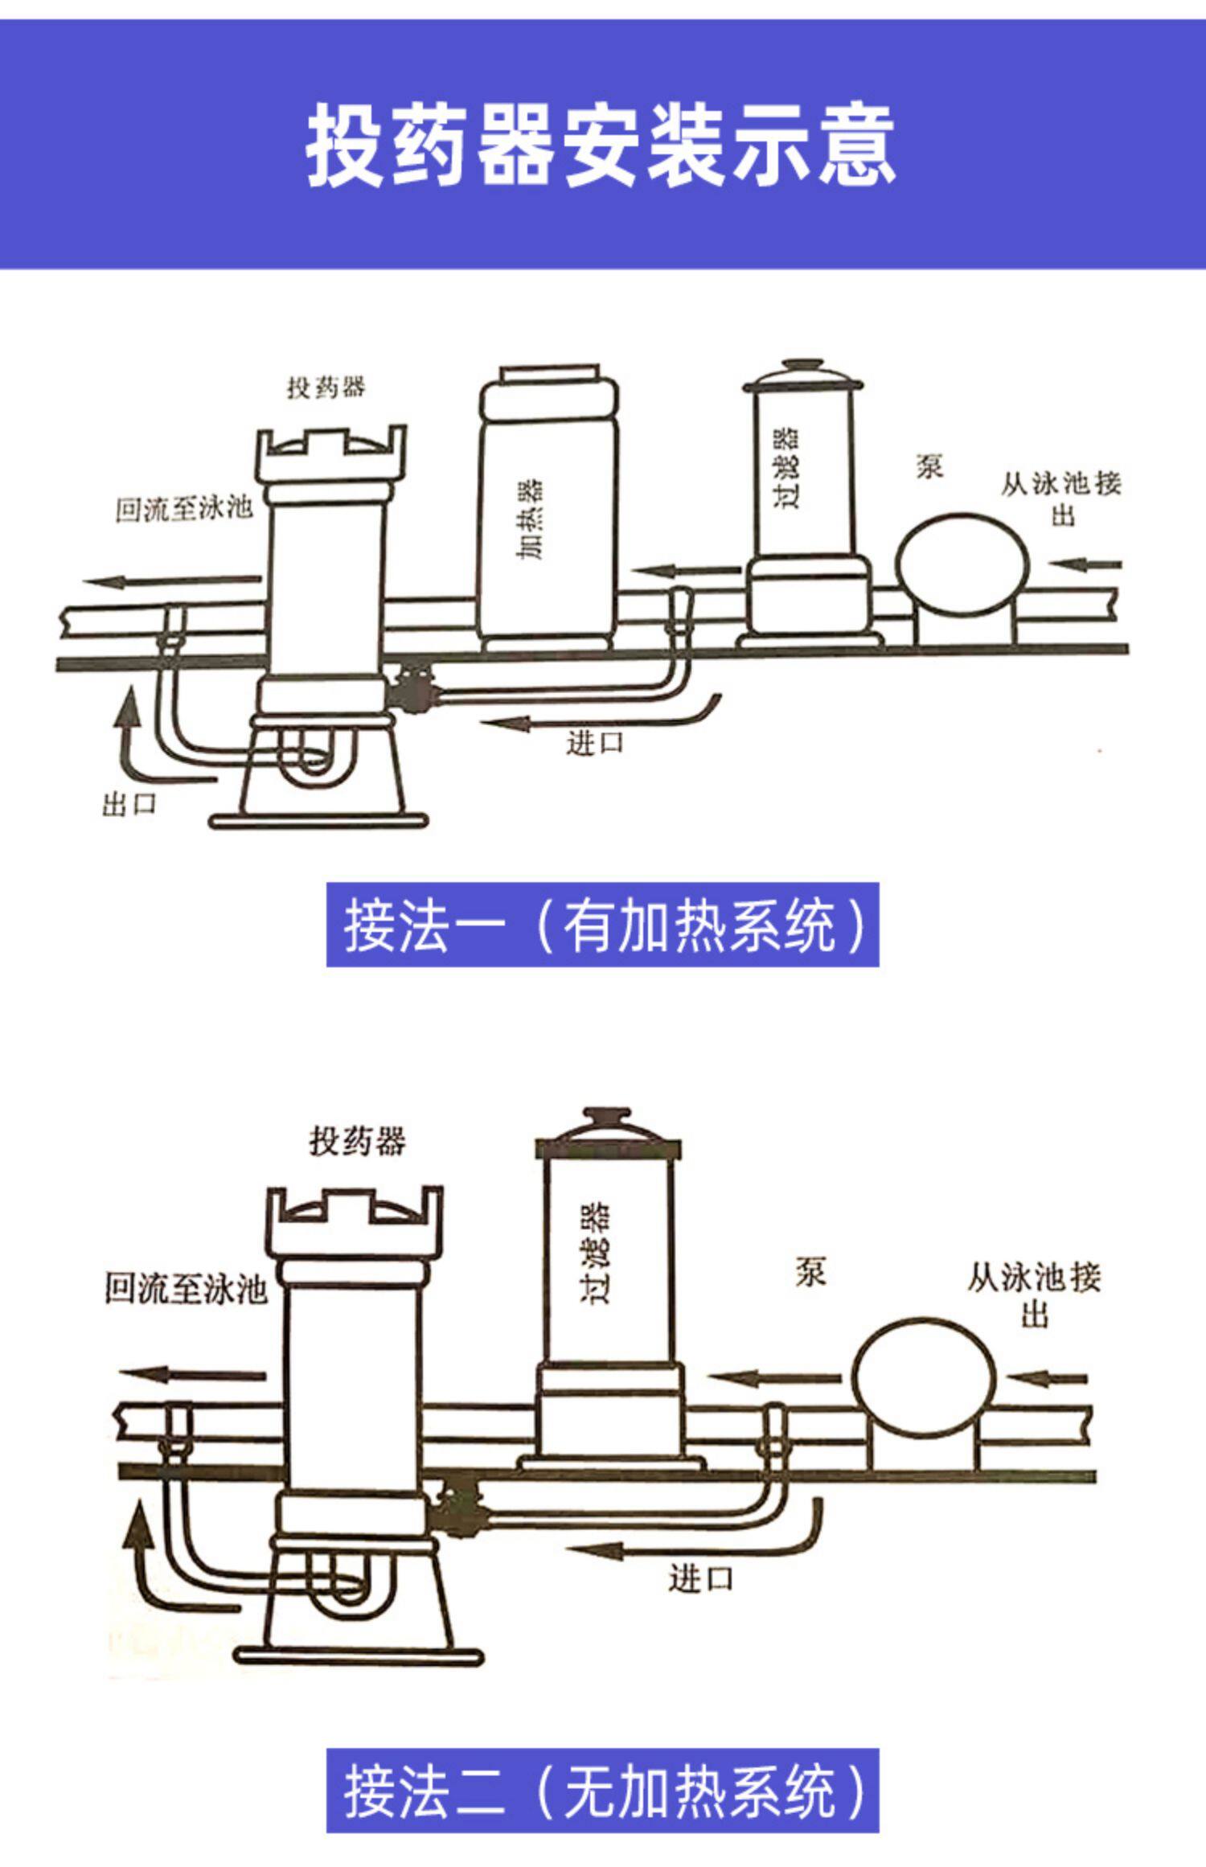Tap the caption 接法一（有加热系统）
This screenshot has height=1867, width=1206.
(602, 925)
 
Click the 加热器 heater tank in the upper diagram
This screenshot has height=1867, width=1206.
(549, 515)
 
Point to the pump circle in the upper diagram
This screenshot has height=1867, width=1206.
(963, 565)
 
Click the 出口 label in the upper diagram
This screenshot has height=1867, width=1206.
(129, 803)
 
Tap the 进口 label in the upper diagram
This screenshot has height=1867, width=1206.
(595, 742)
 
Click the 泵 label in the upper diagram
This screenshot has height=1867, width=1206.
(929, 466)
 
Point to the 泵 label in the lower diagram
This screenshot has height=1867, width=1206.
(810, 1272)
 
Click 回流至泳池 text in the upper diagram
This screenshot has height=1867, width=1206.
(184, 508)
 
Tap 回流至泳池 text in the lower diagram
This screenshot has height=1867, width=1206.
(186, 1288)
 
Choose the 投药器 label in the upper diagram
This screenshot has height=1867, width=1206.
(326, 388)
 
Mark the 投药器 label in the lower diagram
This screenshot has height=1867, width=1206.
(357, 1140)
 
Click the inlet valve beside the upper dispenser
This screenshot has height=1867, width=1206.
(412, 690)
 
